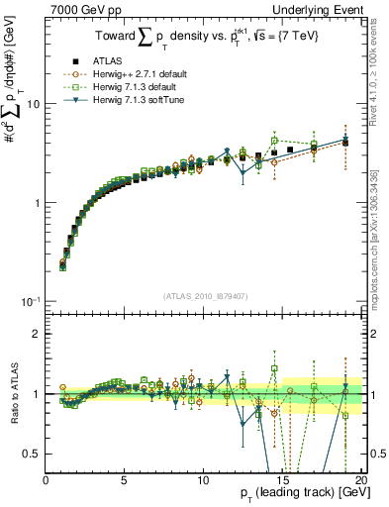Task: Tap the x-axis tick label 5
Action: (125, 480)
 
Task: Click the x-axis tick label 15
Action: (282, 480)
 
